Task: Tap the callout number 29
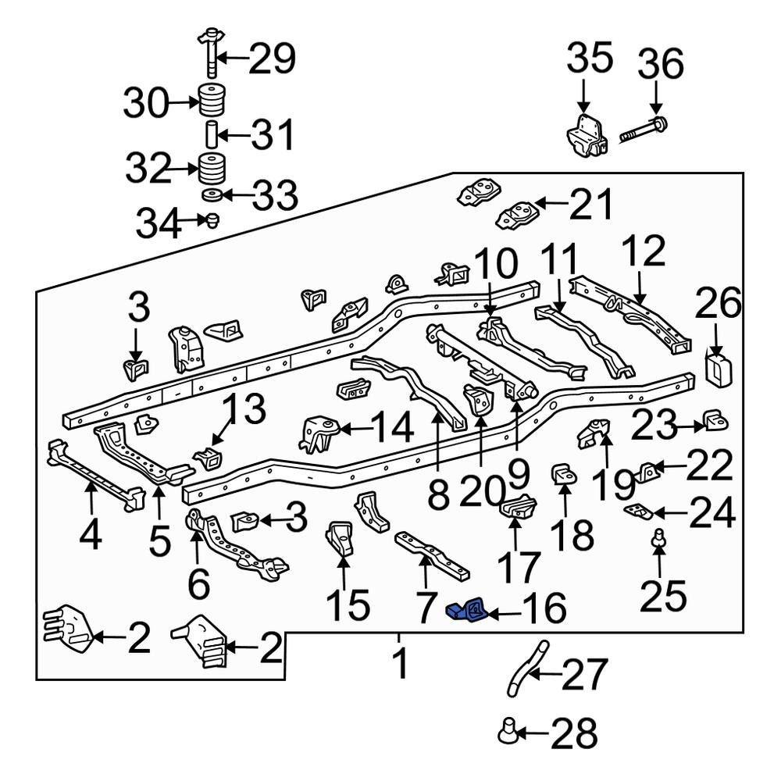click(272, 58)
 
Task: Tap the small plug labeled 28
click(508, 732)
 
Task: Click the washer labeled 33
click(209, 194)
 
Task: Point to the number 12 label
click(644, 251)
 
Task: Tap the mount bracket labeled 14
click(319, 434)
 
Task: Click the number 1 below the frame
click(400, 664)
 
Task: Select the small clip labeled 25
click(659, 537)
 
